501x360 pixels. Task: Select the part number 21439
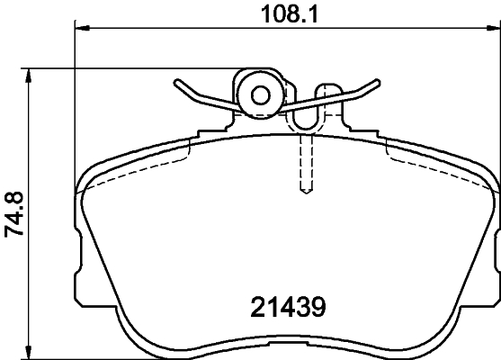point(285,307)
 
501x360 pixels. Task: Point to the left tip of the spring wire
point(177,83)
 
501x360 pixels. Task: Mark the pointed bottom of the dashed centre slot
point(306,192)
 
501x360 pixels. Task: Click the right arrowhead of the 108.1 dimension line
point(491,29)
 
